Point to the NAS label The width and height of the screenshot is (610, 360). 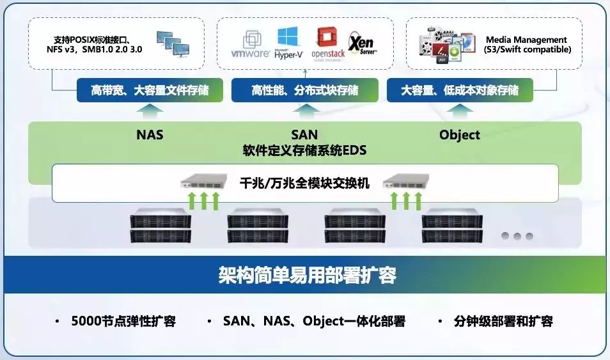click(x=150, y=135)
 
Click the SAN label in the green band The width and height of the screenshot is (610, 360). click(x=304, y=135)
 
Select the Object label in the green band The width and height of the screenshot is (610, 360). click(x=459, y=135)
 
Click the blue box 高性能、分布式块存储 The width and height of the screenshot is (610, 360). click(x=304, y=91)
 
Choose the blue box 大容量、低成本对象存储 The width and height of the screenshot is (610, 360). click(x=459, y=91)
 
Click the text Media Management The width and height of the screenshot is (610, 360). click(x=526, y=40)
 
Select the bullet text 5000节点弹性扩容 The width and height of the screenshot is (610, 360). click(x=123, y=321)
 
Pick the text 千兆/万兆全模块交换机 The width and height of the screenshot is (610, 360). click(x=304, y=182)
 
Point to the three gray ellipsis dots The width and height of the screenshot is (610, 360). click(x=517, y=236)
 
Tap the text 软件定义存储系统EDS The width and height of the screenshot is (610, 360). click(x=304, y=151)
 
